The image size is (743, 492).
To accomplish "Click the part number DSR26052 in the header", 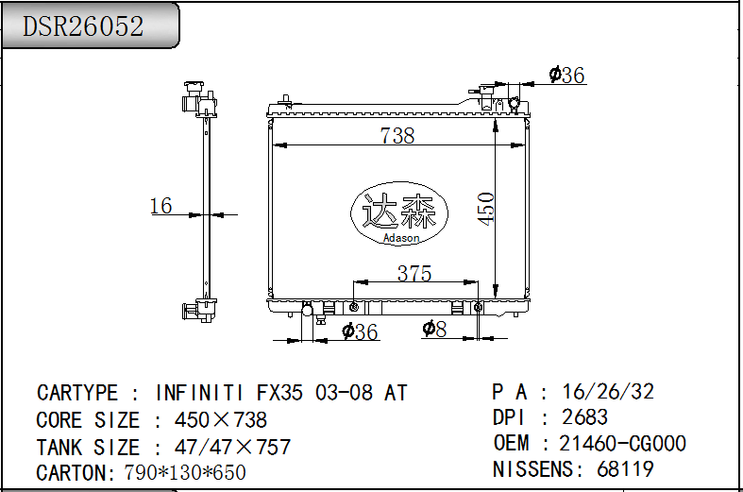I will (x=84, y=26).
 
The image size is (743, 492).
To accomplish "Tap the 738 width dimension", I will (x=397, y=136).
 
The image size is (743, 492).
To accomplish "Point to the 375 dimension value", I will (x=414, y=274).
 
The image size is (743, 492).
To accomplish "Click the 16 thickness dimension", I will (x=161, y=205).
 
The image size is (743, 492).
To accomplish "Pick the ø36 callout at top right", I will (x=567, y=76).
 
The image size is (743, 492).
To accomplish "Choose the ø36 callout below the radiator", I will (x=360, y=331).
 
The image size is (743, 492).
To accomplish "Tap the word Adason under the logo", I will (x=401, y=239).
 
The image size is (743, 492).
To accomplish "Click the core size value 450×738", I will (x=221, y=420).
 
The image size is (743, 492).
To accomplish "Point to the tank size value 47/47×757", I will (x=233, y=448).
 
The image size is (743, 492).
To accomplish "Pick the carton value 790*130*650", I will (x=185, y=473).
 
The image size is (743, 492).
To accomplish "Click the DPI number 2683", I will (x=584, y=417).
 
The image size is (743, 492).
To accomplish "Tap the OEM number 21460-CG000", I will (x=623, y=443).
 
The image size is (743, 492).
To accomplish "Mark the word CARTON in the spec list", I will (x=74, y=473).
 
